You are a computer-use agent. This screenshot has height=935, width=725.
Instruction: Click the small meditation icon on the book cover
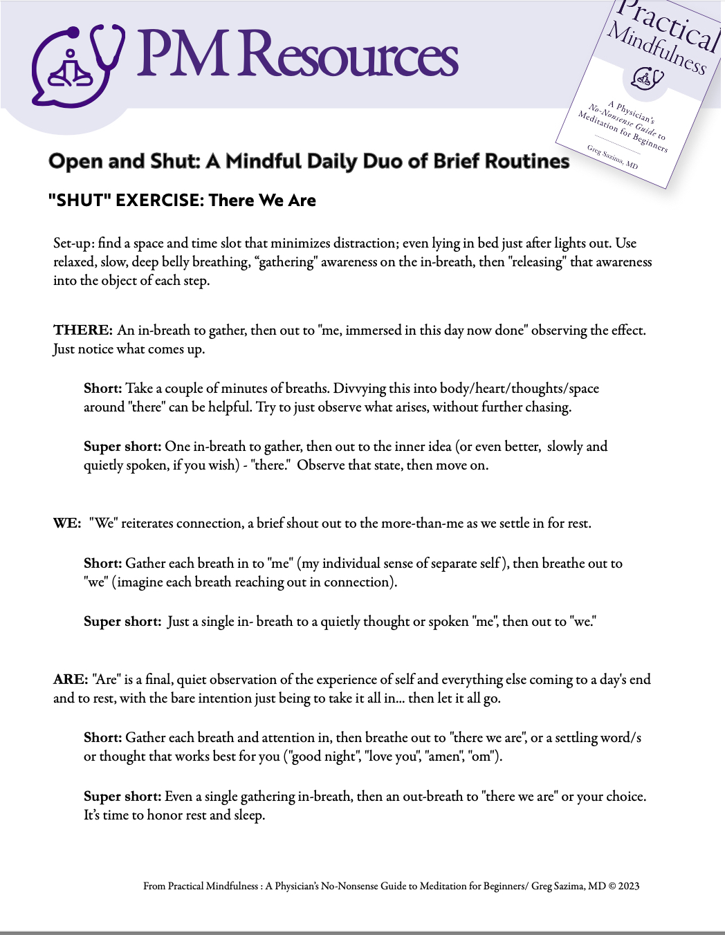(647, 77)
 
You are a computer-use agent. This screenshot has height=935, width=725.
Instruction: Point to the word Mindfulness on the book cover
(657, 48)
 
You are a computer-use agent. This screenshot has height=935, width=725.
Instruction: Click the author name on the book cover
(612, 157)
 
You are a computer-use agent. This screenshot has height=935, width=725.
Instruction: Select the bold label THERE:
(83, 330)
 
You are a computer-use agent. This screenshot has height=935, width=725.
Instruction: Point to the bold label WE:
(67, 523)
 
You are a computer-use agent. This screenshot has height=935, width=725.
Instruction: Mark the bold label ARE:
(71, 679)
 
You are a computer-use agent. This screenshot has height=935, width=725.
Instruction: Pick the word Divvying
(362, 388)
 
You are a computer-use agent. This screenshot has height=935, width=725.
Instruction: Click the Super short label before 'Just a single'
(122, 621)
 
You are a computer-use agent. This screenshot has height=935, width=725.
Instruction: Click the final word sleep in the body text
(249, 815)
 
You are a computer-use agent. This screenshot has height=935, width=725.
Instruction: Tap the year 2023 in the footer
(629, 886)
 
